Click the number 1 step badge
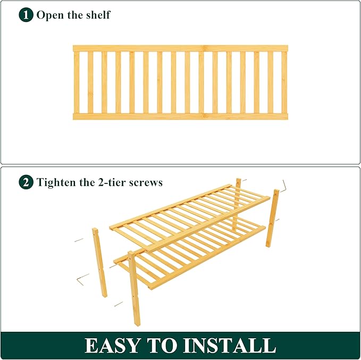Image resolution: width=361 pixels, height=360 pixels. click(26, 15)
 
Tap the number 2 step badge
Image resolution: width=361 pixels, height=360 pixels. click(26, 182)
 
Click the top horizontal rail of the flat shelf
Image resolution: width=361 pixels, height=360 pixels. click(180, 48)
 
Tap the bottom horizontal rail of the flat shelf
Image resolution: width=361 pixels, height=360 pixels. click(180, 116)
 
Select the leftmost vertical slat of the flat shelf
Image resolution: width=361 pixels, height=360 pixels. click(77, 82)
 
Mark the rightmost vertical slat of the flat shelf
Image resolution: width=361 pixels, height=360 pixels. click(284, 82)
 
